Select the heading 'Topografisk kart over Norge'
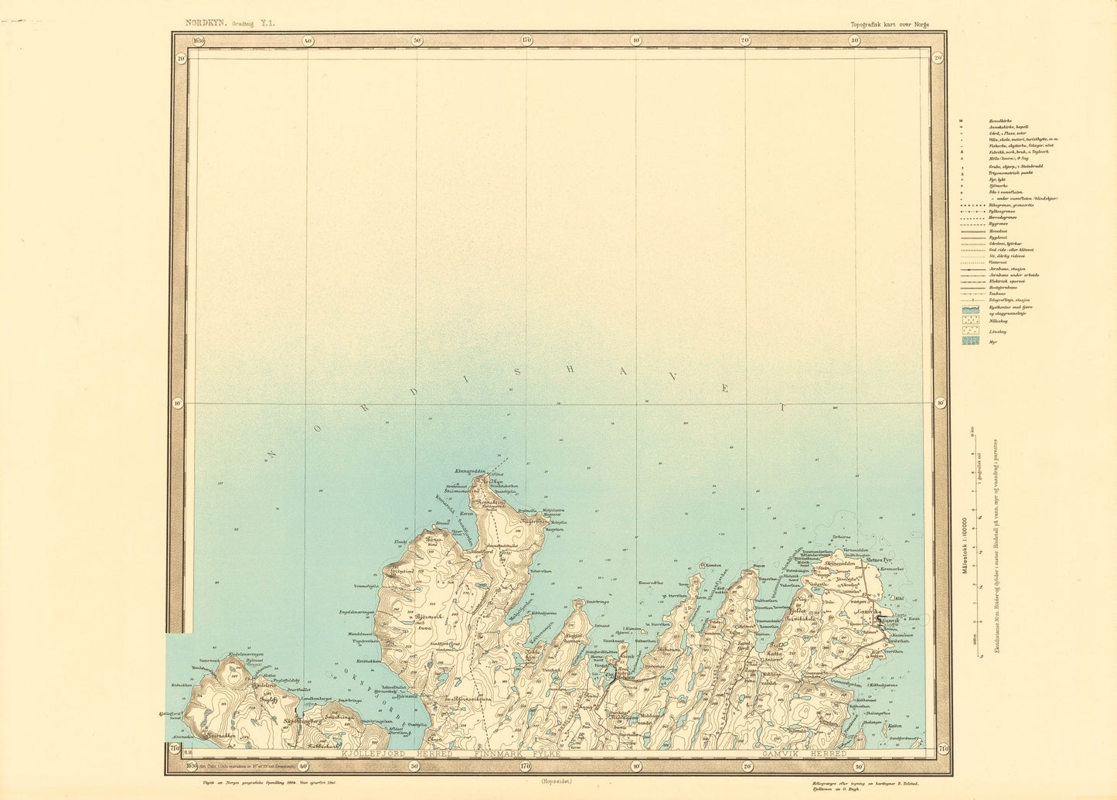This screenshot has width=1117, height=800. click(x=889, y=24)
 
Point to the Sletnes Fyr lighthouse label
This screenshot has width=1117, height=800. click(x=863, y=559)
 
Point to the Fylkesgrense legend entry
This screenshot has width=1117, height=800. click(x=1003, y=210)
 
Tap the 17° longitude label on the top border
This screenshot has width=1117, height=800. click(x=526, y=40)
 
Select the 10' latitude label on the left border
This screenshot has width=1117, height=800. click(x=178, y=402)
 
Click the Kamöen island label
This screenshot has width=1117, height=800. click(x=712, y=565)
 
